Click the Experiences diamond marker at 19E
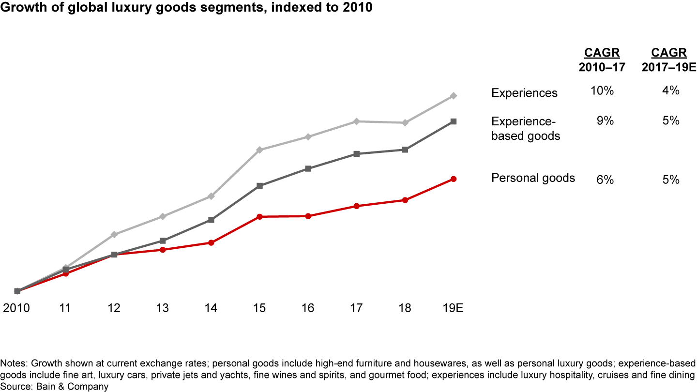pyautogui.click(x=454, y=96)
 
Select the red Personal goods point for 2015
pyautogui.click(x=260, y=216)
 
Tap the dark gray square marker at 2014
pyautogui.click(x=211, y=220)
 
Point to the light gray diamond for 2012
pyautogui.click(x=114, y=234)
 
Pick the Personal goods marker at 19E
pyautogui.click(x=454, y=179)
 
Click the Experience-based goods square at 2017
pyautogui.click(x=356, y=154)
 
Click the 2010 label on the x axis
pyautogui.click(x=16, y=308)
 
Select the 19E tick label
pyautogui.click(x=453, y=308)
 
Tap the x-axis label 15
pyautogui.click(x=259, y=308)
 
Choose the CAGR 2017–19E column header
pyautogui.click(x=668, y=60)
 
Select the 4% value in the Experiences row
pyautogui.click(x=671, y=90)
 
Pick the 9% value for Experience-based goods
pyautogui.click(x=605, y=121)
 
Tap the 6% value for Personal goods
pyautogui.click(x=605, y=180)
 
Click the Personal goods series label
pyautogui.click(x=533, y=178)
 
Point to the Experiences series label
pyautogui.click(x=524, y=93)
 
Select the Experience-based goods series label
pyautogui.click(x=526, y=129)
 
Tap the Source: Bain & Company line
pyautogui.click(x=54, y=387)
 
